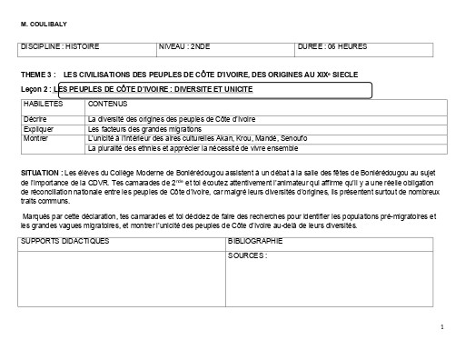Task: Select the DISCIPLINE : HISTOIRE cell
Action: [60, 45]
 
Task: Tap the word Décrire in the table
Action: [35, 120]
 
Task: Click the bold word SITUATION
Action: [40, 171]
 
